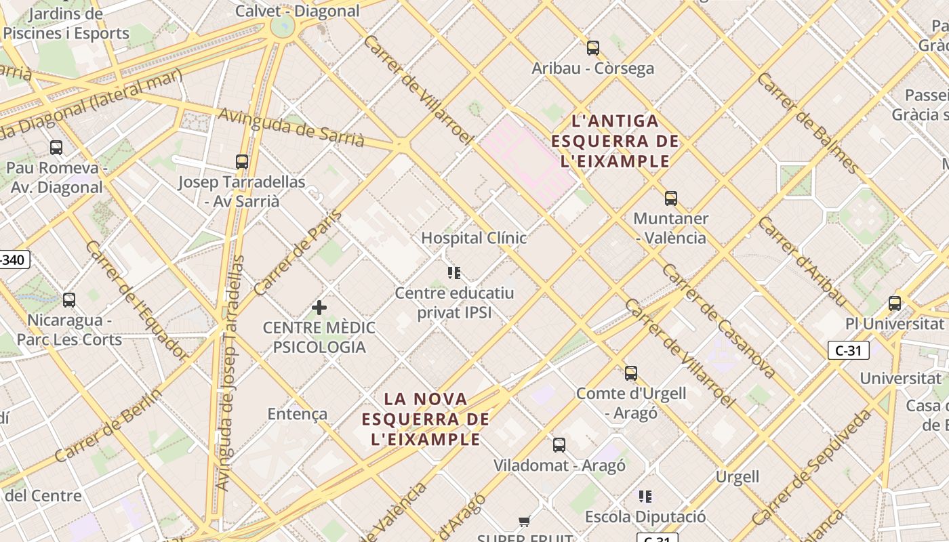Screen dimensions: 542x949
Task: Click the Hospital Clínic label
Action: [474, 238]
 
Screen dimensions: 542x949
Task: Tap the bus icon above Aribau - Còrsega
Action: [593, 48]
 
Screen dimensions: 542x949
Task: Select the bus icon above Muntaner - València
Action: [671, 199]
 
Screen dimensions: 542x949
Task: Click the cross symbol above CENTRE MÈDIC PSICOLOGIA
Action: [319, 308]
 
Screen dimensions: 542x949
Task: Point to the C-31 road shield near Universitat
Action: [848, 350]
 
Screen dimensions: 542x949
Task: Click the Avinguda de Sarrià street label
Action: [291, 127]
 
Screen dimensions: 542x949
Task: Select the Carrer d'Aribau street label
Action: [802, 261]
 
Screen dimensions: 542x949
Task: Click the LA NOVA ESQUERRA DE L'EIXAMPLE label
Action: [426, 419]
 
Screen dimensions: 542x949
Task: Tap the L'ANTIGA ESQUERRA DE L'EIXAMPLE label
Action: [615, 141]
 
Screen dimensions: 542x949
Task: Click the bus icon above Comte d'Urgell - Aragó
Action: [631, 373]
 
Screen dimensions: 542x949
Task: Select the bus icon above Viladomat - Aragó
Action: [559, 445]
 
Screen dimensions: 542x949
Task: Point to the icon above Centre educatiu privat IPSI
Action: [454, 273]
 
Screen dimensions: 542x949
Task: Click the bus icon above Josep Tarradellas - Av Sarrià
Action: [242, 162]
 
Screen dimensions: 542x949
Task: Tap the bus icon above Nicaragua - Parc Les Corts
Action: [69, 300]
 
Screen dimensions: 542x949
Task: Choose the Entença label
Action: [298, 414]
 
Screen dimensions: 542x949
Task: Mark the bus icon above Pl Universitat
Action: [895, 304]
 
